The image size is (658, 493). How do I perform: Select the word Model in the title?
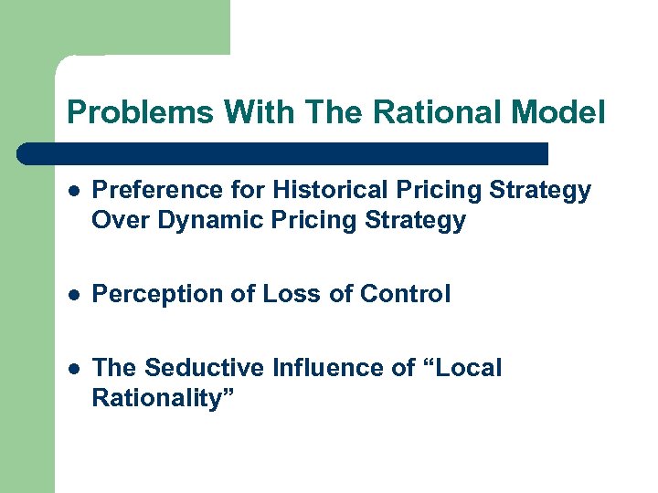[558, 112]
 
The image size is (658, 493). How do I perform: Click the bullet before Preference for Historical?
[73, 192]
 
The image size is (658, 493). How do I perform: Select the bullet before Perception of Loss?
[73, 295]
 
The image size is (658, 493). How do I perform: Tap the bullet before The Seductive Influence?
[73, 369]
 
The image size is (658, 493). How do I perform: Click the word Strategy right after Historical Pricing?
[541, 191]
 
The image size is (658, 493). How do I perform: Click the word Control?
[405, 294]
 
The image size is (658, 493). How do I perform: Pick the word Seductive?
[206, 368]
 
